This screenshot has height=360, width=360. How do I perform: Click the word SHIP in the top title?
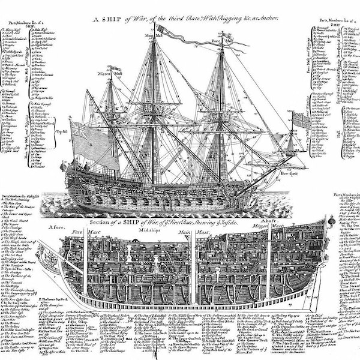[107, 19]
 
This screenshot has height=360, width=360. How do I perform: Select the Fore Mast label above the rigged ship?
[218, 41]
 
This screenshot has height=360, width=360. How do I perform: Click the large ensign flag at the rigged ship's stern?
[93, 144]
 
